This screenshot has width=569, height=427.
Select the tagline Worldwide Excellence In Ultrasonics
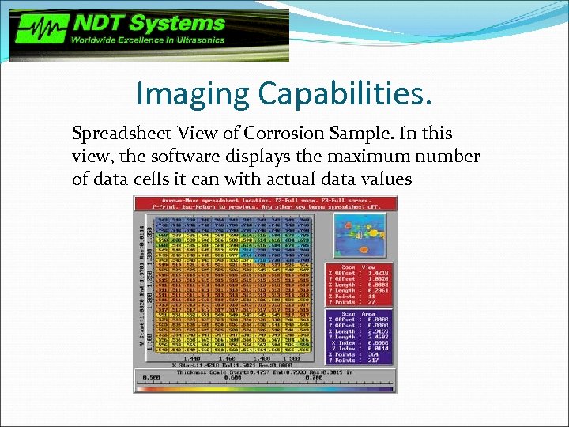[149, 40]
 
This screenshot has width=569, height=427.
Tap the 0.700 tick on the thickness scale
[293, 378]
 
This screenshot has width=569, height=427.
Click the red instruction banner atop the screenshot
[265, 202]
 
